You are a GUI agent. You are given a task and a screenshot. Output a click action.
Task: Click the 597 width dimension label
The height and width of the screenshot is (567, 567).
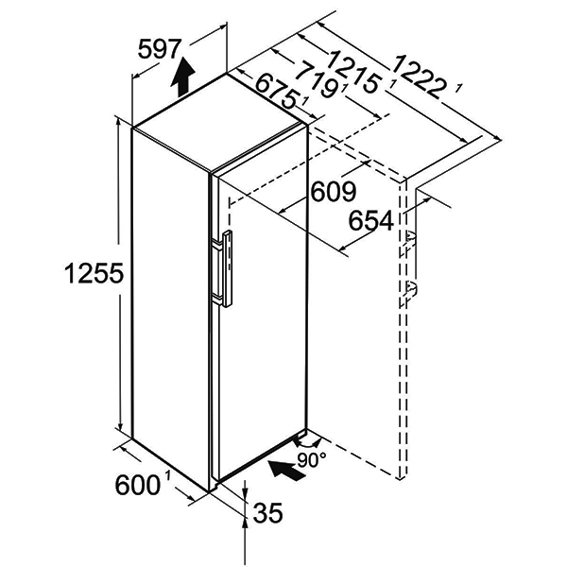159,49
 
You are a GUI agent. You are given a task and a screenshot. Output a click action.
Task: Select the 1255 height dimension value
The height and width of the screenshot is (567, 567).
94,273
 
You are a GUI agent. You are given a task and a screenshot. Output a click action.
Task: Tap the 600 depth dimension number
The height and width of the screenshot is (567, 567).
137,485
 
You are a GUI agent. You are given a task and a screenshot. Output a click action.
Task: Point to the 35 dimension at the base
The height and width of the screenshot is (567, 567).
268,512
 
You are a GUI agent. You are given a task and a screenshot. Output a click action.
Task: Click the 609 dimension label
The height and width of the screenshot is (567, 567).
334,192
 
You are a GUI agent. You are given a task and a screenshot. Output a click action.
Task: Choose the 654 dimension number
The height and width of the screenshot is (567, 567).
370,220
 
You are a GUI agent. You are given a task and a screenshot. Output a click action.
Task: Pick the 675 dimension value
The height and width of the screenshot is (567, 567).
276,94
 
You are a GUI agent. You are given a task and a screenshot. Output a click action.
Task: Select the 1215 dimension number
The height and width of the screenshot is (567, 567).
353,73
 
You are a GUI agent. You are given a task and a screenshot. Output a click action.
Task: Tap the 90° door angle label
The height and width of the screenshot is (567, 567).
312,459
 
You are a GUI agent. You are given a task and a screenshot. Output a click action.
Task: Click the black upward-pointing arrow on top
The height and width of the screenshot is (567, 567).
183,77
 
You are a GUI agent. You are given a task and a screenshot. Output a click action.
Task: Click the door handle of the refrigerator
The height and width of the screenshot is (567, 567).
223,269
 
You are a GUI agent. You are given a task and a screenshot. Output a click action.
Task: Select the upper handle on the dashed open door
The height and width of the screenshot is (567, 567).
409,240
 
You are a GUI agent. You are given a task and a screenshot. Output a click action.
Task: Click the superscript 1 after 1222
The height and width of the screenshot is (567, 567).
458,88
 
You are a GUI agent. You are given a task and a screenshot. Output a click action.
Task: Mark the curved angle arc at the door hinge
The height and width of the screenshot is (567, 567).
307,442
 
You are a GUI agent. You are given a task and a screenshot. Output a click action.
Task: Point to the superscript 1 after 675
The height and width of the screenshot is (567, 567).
305,102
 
